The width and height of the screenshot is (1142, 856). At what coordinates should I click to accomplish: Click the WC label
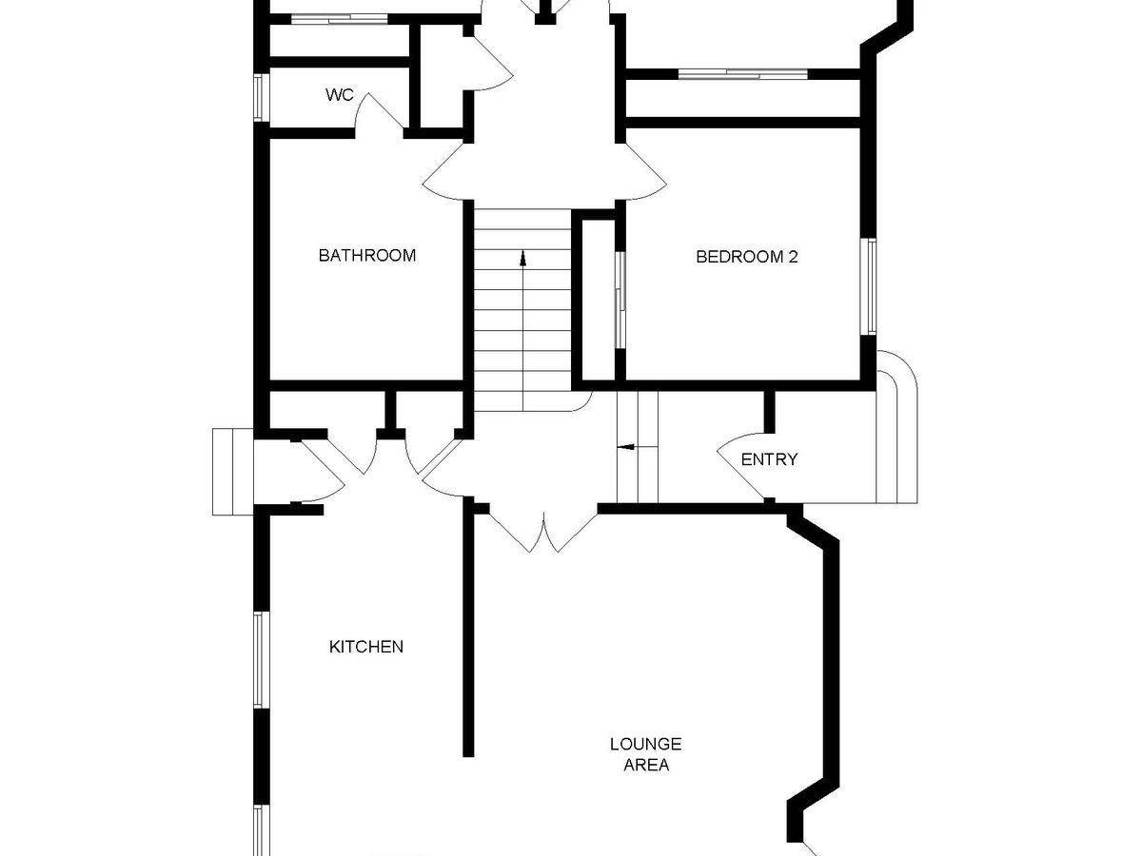pyautogui.click(x=339, y=95)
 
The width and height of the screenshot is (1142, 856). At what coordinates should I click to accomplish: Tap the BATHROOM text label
pyautogui.click(x=367, y=255)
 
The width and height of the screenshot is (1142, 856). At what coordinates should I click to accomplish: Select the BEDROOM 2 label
pyautogui.click(x=747, y=257)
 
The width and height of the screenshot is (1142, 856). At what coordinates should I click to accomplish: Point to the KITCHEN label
pyautogui.click(x=366, y=647)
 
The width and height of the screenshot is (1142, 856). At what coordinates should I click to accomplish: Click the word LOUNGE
pyautogui.click(x=645, y=744)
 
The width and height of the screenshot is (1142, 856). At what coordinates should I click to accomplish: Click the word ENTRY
pyautogui.click(x=769, y=459)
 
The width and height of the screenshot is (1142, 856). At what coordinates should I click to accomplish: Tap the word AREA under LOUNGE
pyautogui.click(x=646, y=765)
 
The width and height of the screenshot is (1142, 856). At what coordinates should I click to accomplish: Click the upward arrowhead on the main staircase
pyautogui.click(x=522, y=258)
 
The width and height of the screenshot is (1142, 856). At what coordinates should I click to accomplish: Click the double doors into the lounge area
pyautogui.click(x=543, y=530)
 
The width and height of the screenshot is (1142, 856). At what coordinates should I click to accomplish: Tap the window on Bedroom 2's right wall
pyautogui.click(x=870, y=286)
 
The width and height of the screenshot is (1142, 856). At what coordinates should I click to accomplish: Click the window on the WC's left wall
pyautogui.click(x=259, y=98)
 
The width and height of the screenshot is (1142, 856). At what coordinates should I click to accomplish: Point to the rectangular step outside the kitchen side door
pyautogui.click(x=232, y=472)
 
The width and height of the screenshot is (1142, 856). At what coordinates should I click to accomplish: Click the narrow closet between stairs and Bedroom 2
pyautogui.click(x=599, y=301)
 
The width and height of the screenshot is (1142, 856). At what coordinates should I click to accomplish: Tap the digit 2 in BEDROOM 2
pyautogui.click(x=793, y=257)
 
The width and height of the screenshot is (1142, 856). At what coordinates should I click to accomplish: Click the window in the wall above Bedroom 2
pyautogui.click(x=742, y=74)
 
